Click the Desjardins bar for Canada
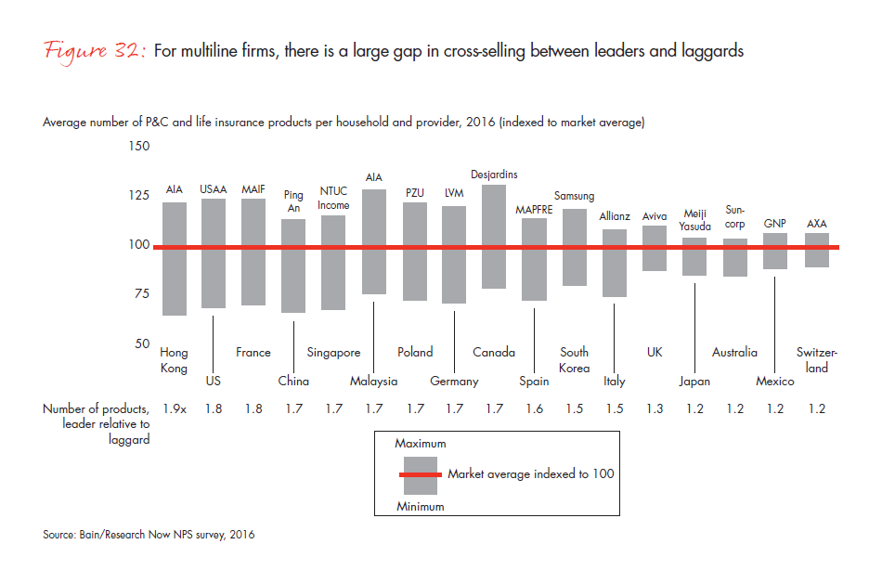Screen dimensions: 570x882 494,236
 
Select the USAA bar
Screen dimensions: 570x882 214,253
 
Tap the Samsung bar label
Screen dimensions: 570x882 574,196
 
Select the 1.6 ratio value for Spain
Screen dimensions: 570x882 535,408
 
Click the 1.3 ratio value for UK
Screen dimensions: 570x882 655,408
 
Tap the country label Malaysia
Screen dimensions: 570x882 374,382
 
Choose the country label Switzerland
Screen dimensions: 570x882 817,360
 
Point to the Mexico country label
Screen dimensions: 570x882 774,382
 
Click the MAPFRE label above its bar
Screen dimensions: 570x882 534,210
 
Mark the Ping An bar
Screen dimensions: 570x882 293,266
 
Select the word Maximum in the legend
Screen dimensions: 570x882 421,444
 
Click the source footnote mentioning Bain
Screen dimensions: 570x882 149,535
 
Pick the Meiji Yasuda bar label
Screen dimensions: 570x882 694,219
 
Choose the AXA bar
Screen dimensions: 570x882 817,250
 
